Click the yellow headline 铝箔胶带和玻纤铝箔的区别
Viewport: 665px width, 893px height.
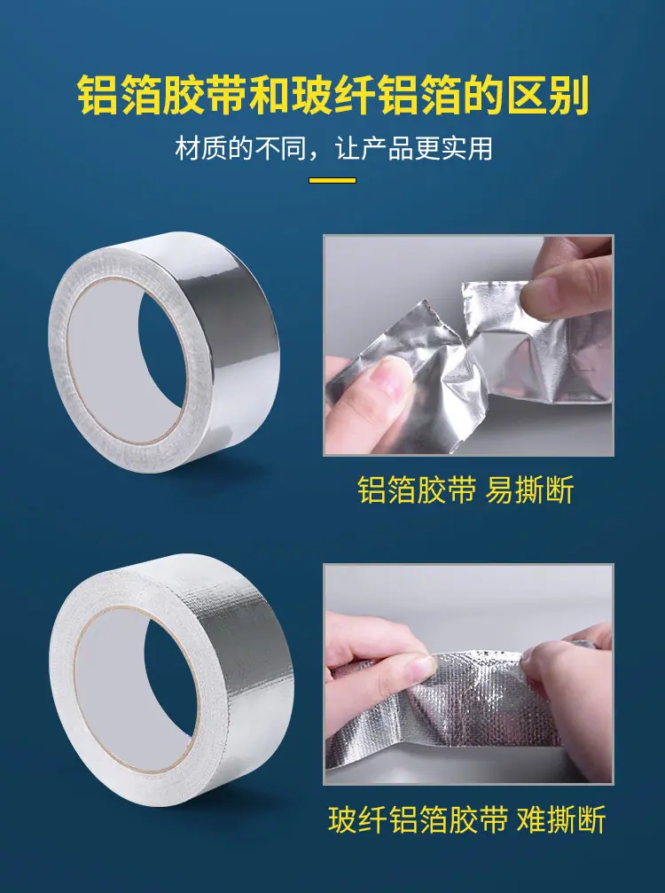332,95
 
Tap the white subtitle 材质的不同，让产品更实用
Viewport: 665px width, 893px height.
333,149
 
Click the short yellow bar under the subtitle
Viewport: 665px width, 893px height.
332,181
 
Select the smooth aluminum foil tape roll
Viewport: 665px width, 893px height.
164,351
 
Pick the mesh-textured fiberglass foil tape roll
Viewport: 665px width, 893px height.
171,680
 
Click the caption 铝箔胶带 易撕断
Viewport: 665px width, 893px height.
465,490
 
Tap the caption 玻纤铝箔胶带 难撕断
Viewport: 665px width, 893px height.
467,819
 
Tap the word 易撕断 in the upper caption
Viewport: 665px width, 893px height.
529,490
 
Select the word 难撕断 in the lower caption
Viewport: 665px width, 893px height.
561,819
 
